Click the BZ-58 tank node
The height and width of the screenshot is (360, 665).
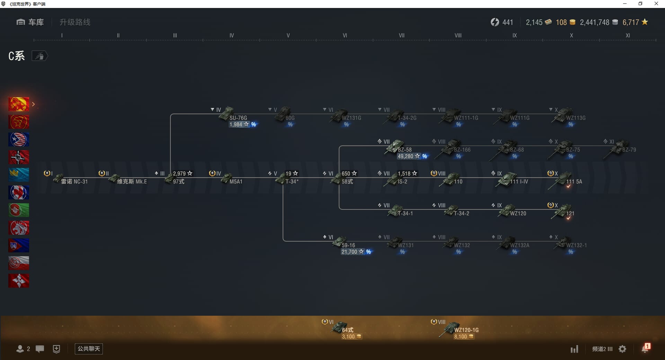[395, 147]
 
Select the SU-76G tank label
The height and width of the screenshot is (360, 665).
[238, 118]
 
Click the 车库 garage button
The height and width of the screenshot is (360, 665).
[30, 22]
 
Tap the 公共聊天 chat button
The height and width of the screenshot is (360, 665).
[89, 349]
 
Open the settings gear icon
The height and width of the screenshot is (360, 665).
[622, 349]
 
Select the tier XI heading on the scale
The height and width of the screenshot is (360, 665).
[628, 35]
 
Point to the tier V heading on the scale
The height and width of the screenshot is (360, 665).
[288, 35]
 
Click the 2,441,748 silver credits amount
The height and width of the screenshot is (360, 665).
[594, 22]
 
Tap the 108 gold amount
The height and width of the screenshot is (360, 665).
[561, 22]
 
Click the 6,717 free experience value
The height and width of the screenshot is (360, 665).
[631, 22]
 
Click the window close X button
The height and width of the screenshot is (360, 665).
[656, 4]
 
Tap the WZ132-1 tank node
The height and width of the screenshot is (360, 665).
[564, 243]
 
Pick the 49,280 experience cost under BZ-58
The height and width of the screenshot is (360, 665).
[406, 156]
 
